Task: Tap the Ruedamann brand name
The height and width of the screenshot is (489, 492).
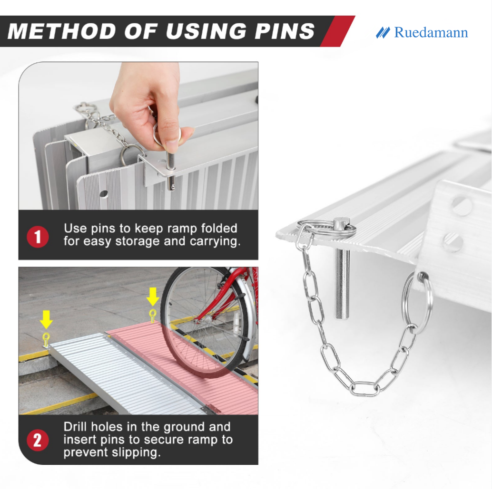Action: pyautogui.click(x=431, y=33)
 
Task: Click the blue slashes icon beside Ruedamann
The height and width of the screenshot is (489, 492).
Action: pyautogui.click(x=383, y=33)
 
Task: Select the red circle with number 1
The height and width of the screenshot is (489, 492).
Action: pyautogui.click(x=38, y=237)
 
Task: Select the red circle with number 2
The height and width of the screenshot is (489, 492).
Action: pyautogui.click(x=38, y=440)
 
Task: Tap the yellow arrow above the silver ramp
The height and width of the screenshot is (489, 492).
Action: pyautogui.click(x=46, y=319)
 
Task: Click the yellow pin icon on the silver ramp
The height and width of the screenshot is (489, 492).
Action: pyautogui.click(x=46, y=340)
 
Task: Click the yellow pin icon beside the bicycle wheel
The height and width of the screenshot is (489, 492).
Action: pyautogui.click(x=152, y=316)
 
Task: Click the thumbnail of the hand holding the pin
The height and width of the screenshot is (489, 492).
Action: pyautogui.click(x=138, y=136)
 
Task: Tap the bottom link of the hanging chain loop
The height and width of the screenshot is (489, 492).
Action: pyautogui.click(x=364, y=390)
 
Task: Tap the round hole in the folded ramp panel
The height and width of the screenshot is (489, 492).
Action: pyautogui.click(x=103, y=194)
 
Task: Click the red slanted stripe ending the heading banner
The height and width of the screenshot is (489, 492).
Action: pyautogui.click(x=338, y=31)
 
